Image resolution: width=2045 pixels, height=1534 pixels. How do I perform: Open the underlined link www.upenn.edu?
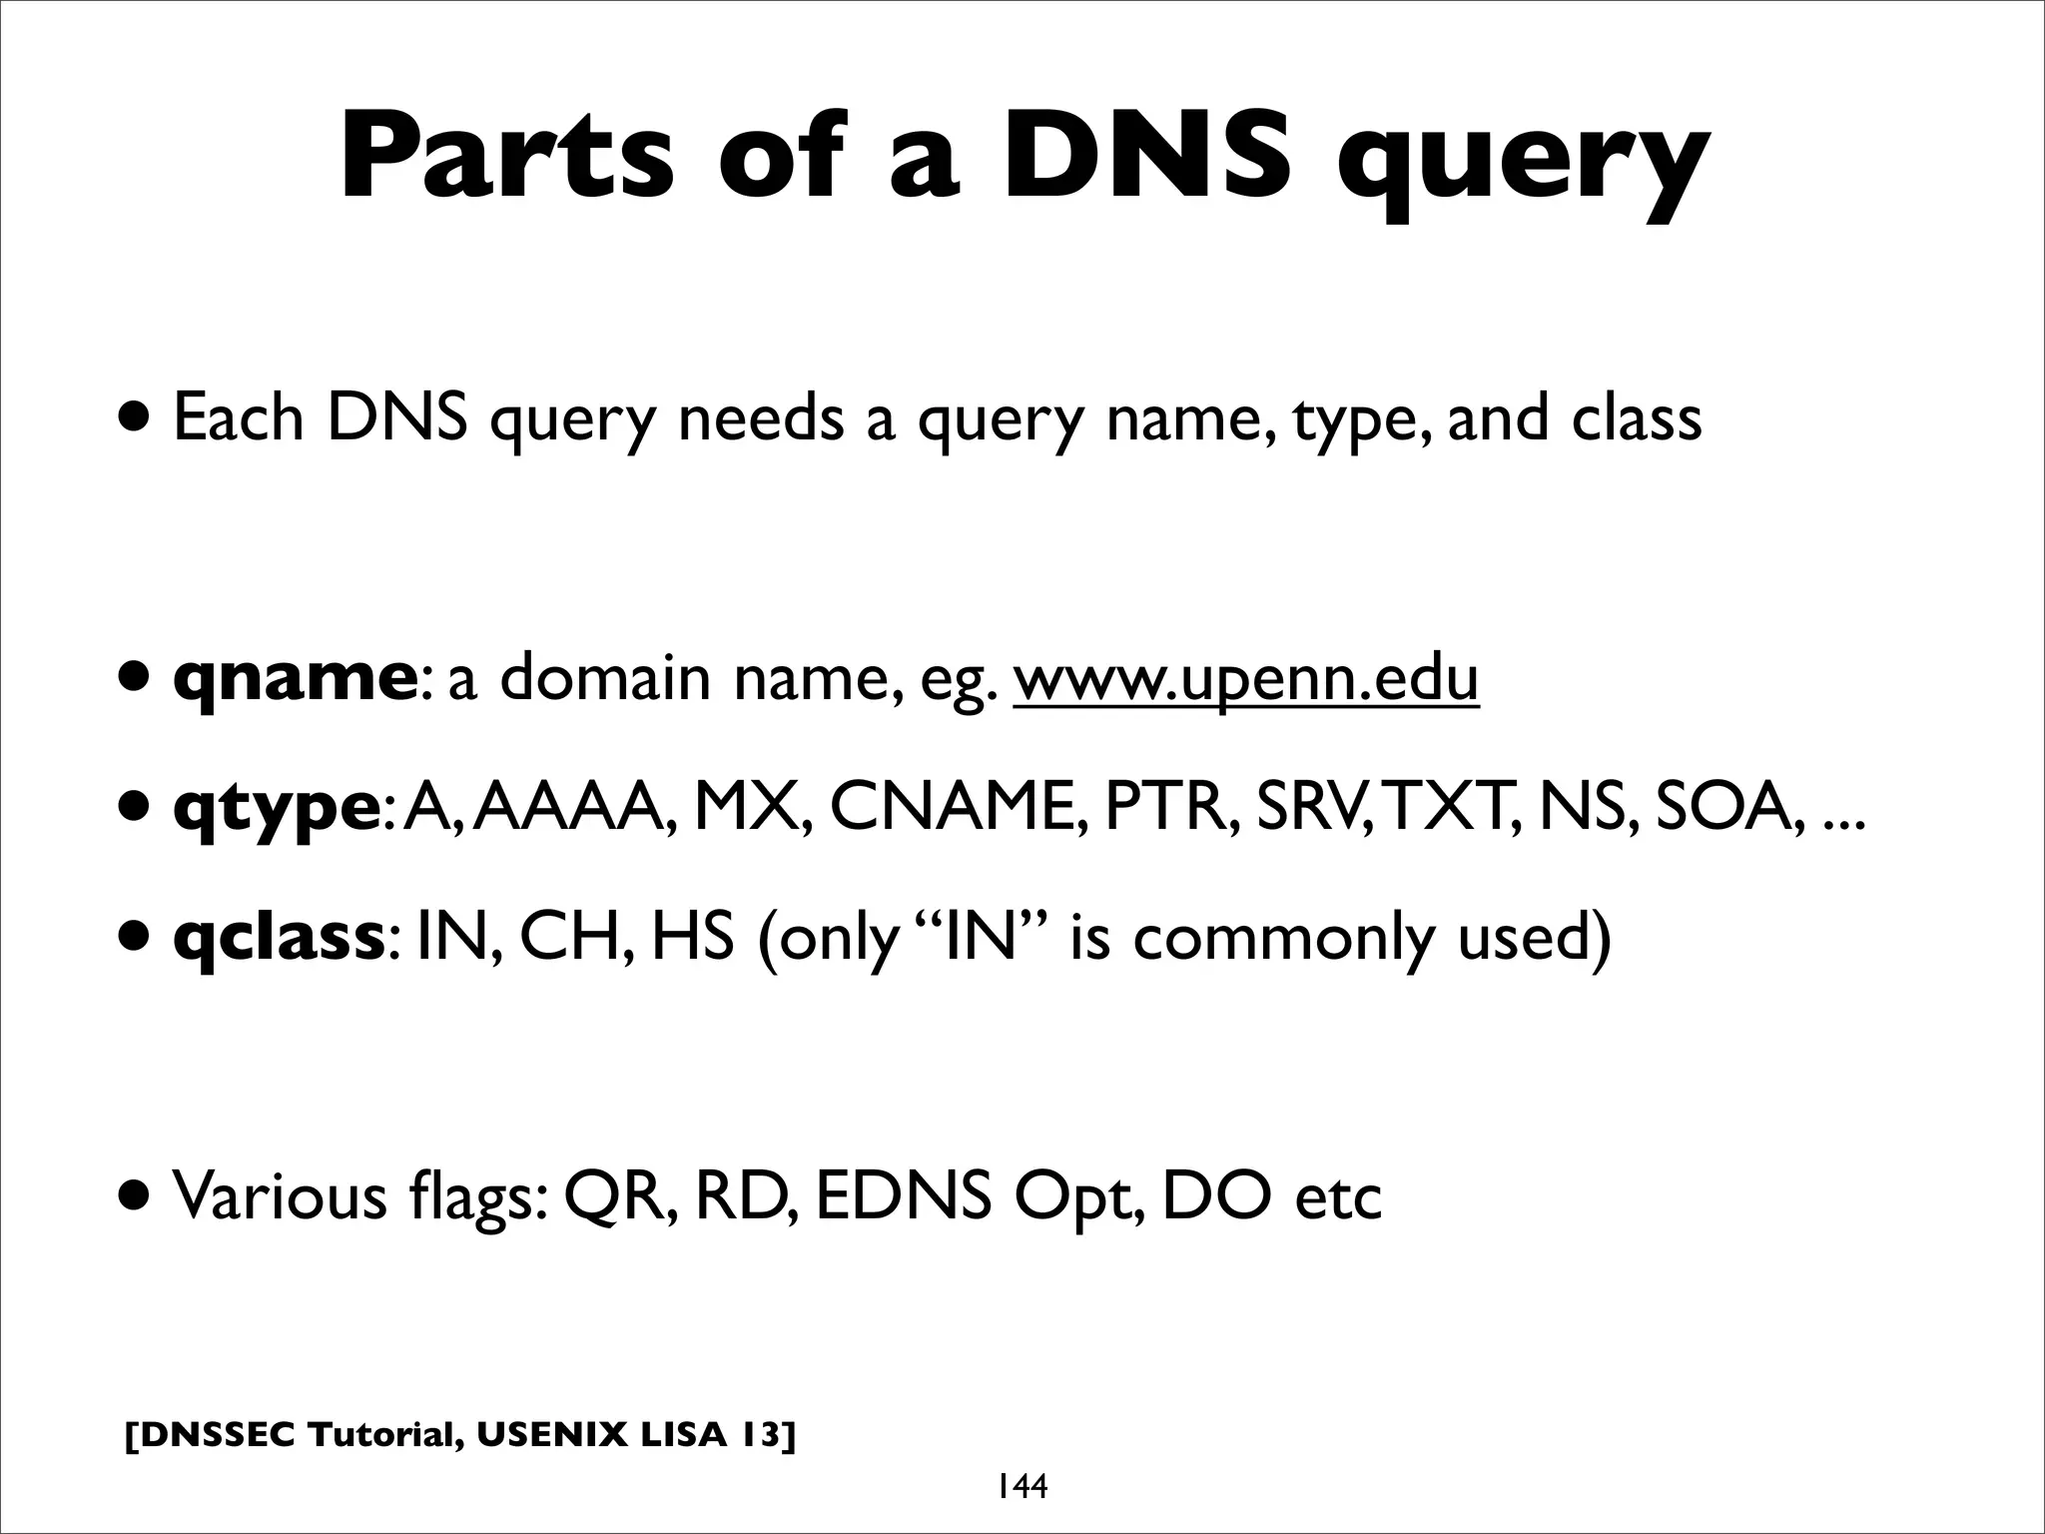pos(1245,679)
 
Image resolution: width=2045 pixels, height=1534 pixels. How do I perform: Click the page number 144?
pos(1021,1487)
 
